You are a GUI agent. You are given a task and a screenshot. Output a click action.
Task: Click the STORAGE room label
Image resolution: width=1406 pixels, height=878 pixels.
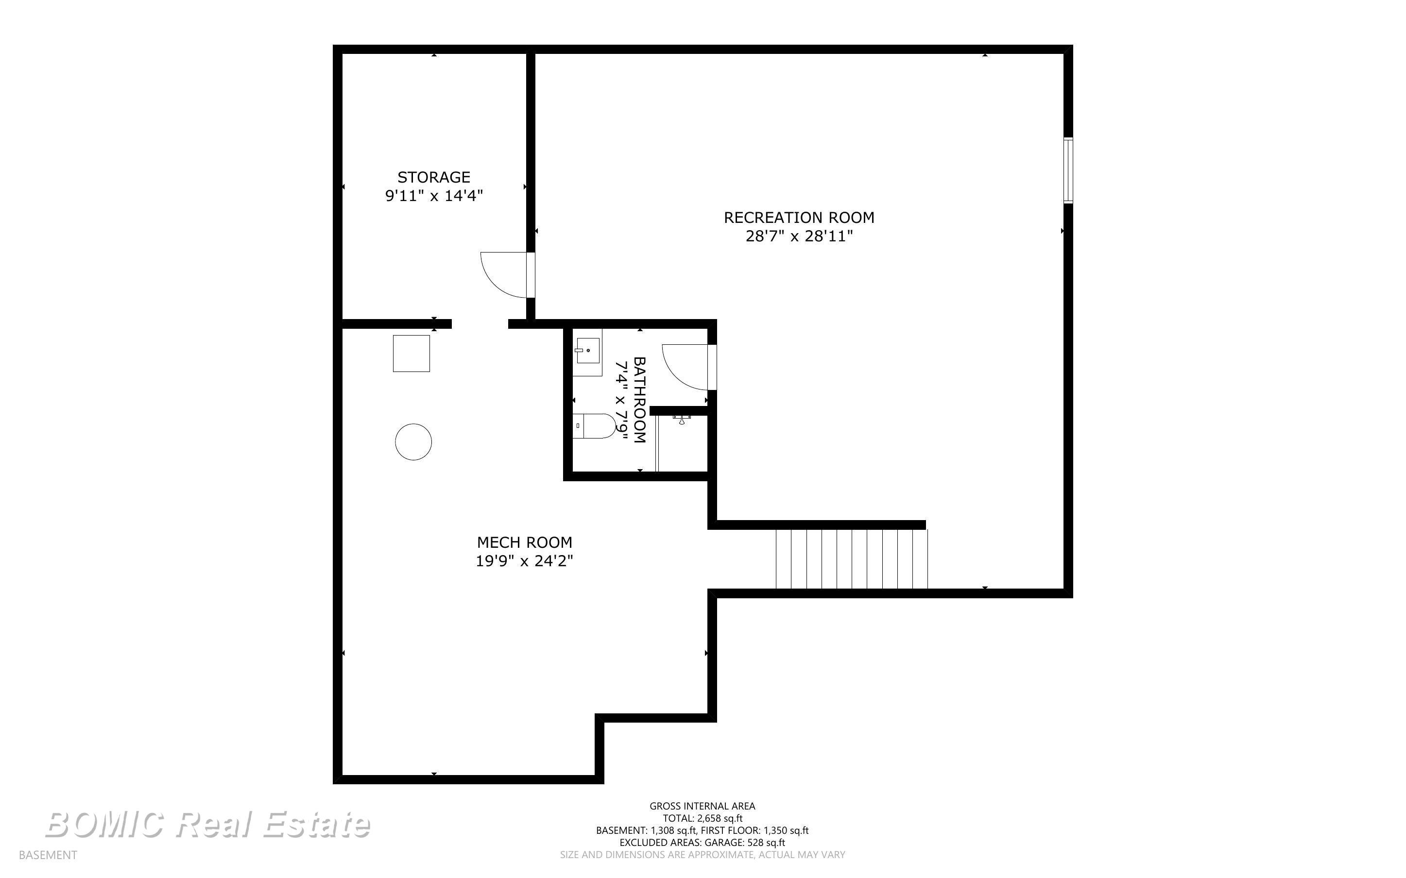434,177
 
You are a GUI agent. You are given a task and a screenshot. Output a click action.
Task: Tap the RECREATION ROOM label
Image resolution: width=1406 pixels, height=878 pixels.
799,218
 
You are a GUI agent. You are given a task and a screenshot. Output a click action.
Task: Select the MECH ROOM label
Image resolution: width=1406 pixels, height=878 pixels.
524,542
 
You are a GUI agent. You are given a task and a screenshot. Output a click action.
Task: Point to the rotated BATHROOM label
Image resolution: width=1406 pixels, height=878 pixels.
639,400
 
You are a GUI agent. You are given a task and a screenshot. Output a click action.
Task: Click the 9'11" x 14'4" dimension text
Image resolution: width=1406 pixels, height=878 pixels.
434,196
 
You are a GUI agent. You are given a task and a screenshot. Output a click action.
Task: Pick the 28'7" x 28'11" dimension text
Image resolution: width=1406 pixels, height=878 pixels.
799,236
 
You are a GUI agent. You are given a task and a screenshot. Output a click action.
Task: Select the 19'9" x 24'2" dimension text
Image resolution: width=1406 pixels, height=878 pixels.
524,561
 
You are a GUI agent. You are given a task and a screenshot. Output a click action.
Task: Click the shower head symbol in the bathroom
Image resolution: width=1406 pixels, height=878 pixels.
682,418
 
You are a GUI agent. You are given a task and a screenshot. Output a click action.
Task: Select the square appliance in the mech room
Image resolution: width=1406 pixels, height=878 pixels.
411,353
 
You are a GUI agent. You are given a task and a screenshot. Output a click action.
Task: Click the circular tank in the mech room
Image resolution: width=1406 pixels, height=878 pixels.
413,442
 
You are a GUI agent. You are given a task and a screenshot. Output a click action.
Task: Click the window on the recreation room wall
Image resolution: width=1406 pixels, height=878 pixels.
1068,170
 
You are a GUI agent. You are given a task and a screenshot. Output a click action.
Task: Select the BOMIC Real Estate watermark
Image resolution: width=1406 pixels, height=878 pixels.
207,825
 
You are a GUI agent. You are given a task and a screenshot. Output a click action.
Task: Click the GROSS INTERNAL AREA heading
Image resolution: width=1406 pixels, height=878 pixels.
702,806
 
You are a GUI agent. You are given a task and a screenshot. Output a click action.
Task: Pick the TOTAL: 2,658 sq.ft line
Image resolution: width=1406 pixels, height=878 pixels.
702,818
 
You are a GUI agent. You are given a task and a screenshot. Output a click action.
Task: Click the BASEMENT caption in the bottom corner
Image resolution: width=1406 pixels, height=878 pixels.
48,855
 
